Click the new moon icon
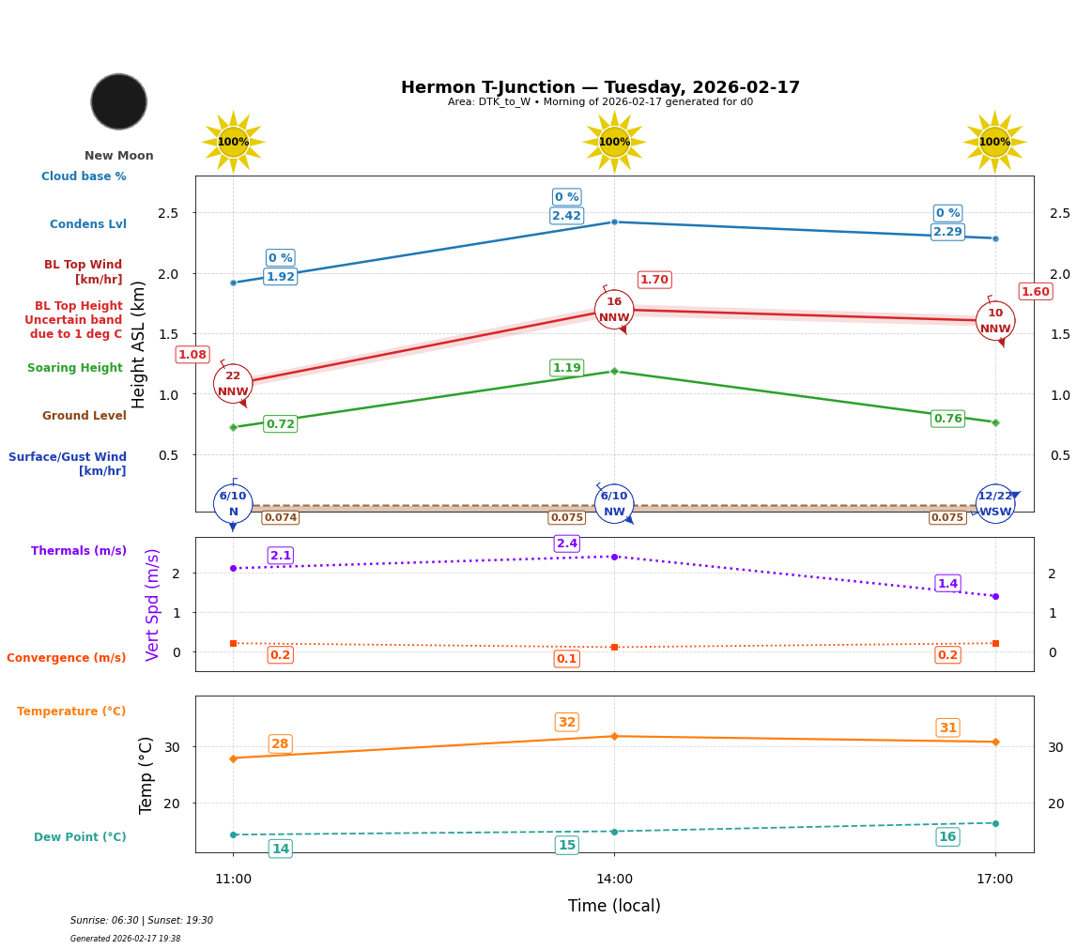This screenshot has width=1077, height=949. pyautogui.click(x=119, y=101)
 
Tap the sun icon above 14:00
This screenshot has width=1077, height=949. pyautogui.click(x=614, y=142)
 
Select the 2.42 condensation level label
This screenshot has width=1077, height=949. pyautogui.click(x=566, y=216)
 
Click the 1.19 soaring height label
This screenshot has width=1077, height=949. pyautogui.click(x=566, y=368)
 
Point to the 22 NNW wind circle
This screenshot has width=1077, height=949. pyautogui.click(x=233, y=384)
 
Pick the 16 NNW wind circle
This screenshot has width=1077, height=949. pyautogui.click(x=614, y=310)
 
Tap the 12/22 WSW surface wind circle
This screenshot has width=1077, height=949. pyautogui.click(x=995, y=504)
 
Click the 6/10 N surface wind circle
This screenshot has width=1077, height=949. pyautogui.click(x=233, y=504)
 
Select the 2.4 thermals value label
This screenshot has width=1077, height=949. pyautogui.click(x=567, y=543)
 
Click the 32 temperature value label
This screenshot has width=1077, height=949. pyautogui.click(x=567, y=722)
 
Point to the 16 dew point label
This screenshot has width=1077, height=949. pyautogui.click(x=947, y=836)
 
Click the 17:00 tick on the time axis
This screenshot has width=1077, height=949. pyautogui.click(x=994, y=880)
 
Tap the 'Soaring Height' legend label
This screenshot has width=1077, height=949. pyautogui.click(x=75, y=368)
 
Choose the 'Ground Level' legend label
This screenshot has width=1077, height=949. pyautogui.click(x=85, y=416)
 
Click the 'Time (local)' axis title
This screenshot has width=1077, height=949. pyautogui.click(x=614, y=906)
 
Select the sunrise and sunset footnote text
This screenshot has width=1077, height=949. pyautogui.click(x=142, y=921)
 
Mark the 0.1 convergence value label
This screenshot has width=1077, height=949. pyautogui.click(x=567, y=659)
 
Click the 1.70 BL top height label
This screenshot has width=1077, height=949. pyautogui.click(x=654, y=280)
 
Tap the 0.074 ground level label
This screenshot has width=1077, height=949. pyautogui.click(x=280, y=517)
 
